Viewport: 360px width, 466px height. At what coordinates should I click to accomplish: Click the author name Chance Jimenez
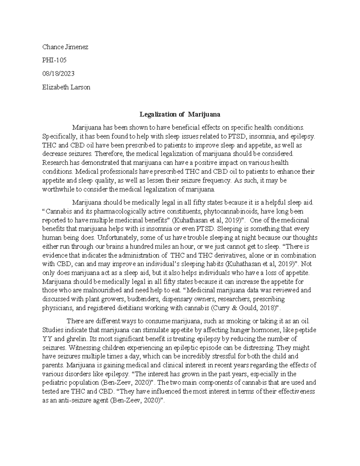(x=65, y=47)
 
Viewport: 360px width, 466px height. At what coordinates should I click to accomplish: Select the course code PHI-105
(x=54, y=60)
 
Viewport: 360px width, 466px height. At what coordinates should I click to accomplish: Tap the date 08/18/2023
(x=58, y=74)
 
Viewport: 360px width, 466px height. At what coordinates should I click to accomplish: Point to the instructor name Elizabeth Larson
(x=66, y=87)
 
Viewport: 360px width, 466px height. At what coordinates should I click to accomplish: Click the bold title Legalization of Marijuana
(x=180, y=114)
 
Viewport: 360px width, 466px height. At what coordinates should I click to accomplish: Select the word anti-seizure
(x=71, y=401)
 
